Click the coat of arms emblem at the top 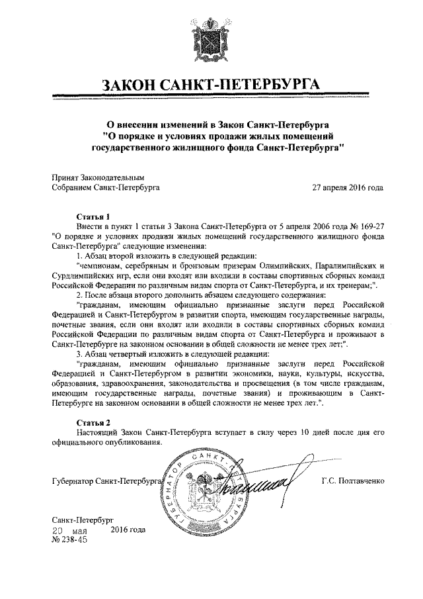coord(211,41)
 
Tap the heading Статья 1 coord(93,216)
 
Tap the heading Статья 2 coord(93,421)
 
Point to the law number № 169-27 coord(360,226)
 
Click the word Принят coord(65,177)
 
